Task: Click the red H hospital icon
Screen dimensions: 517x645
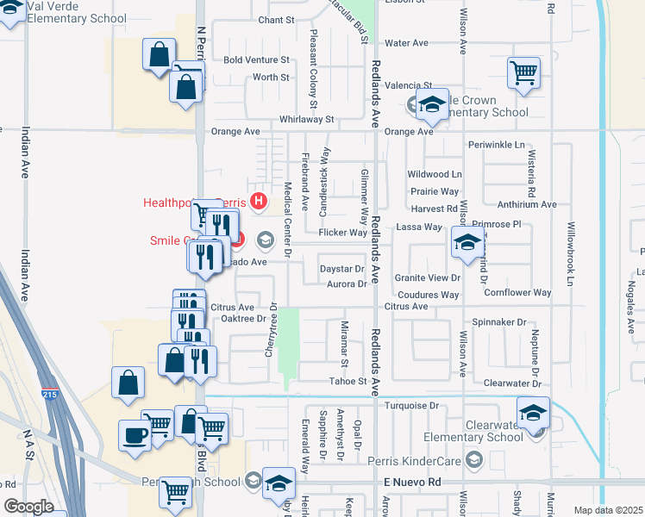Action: (258, 202)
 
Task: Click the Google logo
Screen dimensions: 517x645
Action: (28, 508)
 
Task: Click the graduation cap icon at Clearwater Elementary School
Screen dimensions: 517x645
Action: (534, 413)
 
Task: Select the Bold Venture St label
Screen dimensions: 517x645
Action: (257, 60)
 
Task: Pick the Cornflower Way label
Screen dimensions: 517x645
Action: (517, 293)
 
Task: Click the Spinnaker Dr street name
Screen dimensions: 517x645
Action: (498, 322)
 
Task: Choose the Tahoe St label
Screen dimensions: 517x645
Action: (348, 381)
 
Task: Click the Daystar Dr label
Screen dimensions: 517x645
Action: (342, 270)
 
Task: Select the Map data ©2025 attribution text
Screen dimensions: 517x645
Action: (608, 510)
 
